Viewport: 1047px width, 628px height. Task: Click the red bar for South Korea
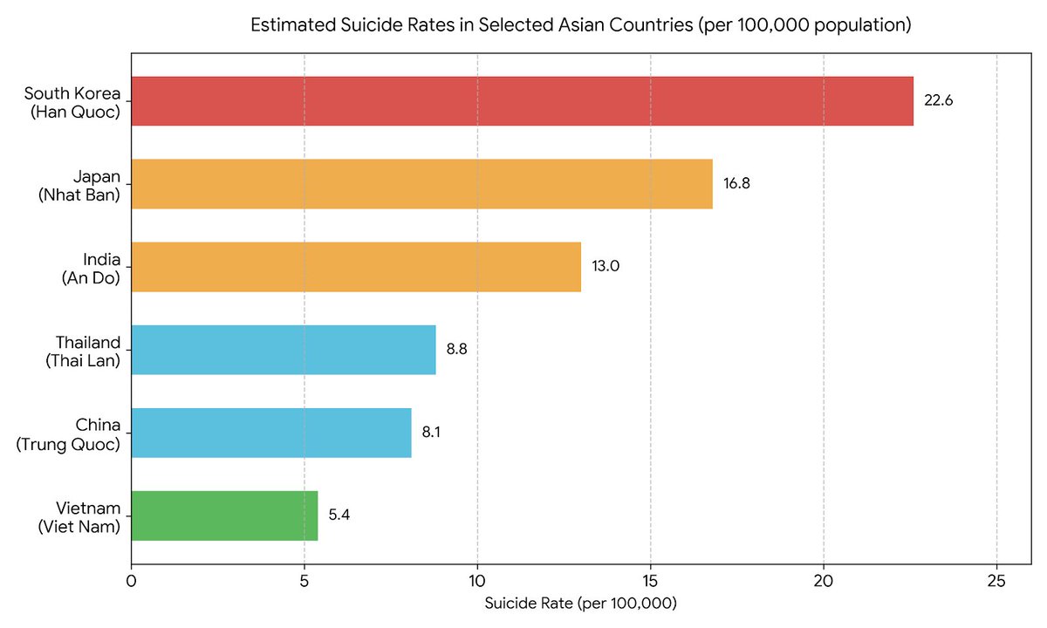click(x=522, y=101)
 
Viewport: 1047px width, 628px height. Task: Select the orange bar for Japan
click(x=422, y=184)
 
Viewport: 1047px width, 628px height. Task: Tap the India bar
click(x=356, y=267)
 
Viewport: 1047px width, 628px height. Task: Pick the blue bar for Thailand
click(x=284, y=350)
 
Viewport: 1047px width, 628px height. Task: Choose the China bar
click(x=271, y=433)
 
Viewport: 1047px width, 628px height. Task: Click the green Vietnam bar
click(x=224, y=515)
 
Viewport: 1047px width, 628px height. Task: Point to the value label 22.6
click(x=938, y=100)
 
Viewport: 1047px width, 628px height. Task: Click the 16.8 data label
click(x=736, y=183)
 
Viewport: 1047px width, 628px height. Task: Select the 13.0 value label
click(x=606, y=266)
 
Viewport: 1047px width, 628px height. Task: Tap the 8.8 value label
click(x=456, y=349)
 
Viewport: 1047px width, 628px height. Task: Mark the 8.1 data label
click(x=431, y=432)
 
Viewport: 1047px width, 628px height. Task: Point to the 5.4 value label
click(x=339, y=515)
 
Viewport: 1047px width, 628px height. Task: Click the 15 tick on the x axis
click(x=650, y=581)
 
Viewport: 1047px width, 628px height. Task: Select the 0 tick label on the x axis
click(x=132, y=581)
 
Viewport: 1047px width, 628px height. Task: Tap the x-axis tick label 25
click(x=996, y=581)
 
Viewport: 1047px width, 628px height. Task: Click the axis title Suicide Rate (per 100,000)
click(x=580, y=604)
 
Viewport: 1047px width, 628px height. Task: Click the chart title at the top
click(x=581, y=24)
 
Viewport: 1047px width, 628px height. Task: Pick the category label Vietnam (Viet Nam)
click(x=79, y=517)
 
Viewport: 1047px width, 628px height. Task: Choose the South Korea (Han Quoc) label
click(x=72, y=103)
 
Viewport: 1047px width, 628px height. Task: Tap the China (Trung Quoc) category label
click(x=68, y=434)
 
